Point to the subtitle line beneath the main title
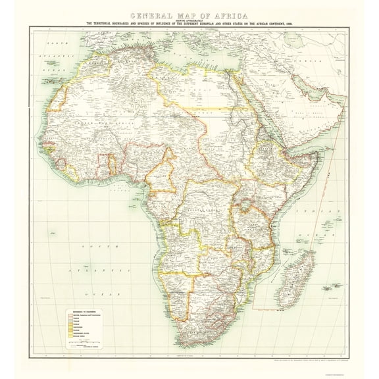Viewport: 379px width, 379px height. [x=189, y=25]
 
